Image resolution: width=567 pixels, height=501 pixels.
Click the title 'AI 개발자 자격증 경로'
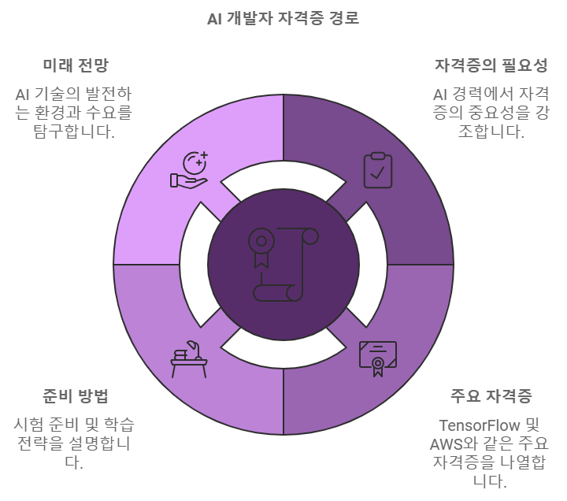[x=283, y=18]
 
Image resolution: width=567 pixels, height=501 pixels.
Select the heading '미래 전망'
[x=76, y=65]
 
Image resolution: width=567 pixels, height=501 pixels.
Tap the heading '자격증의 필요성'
[x=491, y=65]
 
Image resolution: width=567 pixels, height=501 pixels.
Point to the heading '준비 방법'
[x=76, y=395]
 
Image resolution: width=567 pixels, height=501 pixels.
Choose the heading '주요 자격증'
[x=491, y=395]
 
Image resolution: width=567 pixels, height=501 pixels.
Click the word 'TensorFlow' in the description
[x=479, y=425]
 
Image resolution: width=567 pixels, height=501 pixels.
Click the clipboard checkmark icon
[x=378, y=170]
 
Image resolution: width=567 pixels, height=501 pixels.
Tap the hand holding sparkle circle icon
[x=189, y=169]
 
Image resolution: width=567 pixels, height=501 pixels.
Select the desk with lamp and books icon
[x=189, y=359]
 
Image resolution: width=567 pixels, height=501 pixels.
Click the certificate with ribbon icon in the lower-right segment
[x=378, y=359]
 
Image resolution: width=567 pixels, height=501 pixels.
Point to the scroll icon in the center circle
[x=283, y=265]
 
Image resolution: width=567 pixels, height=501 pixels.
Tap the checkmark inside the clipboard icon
[x=377, y=173]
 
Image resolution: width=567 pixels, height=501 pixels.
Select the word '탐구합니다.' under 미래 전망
[x=74, y=131]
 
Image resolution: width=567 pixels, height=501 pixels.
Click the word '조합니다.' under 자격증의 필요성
[x=491, y=131]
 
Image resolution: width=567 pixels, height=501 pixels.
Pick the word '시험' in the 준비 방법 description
[x=28, y=425]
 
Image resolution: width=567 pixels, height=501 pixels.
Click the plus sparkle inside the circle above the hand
[x=198, y=163]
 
